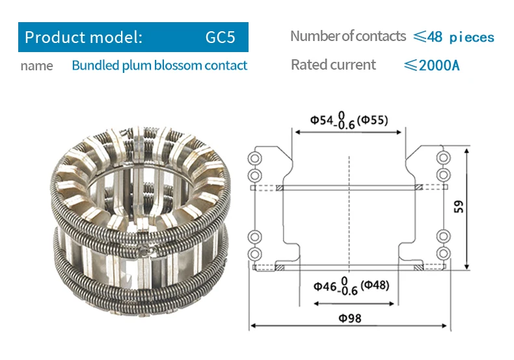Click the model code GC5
[x=220, y=37]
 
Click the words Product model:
[x=83, y=37]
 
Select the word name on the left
[x=36, y=66]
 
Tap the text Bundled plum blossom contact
[x=159, y=66]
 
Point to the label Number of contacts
[x=347, y=36]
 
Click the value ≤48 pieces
[x=453, y=37]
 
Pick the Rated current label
[x=333, y=65]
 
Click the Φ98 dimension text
[x=349, y=318]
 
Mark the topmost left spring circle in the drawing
[x=255, y=159]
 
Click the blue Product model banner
[x=133, y=37]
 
